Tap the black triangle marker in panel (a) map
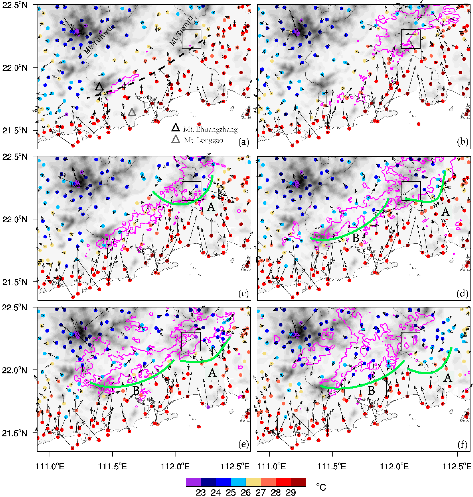click(99, 86)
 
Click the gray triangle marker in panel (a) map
click(132, 112)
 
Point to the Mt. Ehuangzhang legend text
click(210, 130)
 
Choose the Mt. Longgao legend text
click(203, 140)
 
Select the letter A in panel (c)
click(211, 207)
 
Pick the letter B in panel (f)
click(371, 390)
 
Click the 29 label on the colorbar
click(291, 492)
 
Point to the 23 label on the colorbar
click(201, 492)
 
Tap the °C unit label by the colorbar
click(321, 487)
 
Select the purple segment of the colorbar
click(193, 482)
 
